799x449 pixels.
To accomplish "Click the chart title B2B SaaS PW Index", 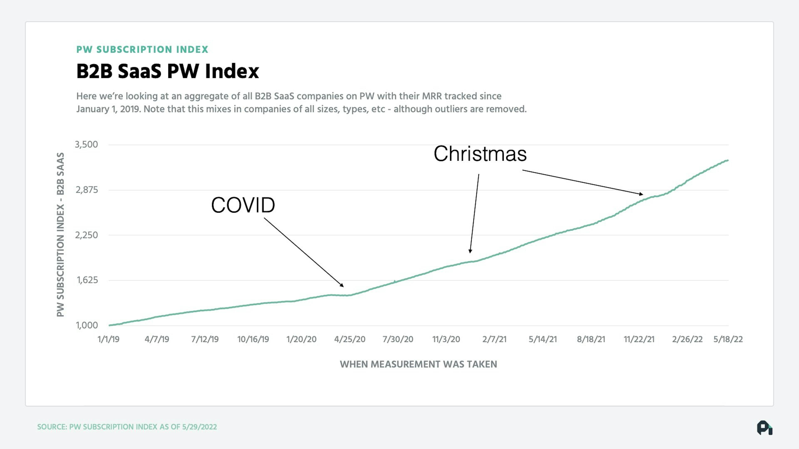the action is point(167,71).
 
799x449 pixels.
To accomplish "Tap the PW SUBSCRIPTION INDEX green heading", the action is point(142,50).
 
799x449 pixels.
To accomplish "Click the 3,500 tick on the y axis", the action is point(86,144).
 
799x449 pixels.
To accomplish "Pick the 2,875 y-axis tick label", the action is point(87,190).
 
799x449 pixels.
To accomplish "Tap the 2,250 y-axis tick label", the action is point(86,235).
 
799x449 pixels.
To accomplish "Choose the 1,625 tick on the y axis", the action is point(87,280).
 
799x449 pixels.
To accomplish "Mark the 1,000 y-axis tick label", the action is point(87,325).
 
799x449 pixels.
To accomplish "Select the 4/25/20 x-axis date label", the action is point(350,339).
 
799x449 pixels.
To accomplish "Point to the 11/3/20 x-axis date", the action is point(446,339).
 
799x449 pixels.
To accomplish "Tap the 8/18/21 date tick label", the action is point(591,339).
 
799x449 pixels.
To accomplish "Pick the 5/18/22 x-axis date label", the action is point(728,339).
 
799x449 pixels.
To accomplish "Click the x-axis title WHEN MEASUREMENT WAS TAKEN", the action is point(418,364).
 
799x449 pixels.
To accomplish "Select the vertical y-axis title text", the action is point(61,234).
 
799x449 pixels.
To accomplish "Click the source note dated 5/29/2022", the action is point(127,427).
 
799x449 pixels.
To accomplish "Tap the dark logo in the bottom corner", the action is point(765,428).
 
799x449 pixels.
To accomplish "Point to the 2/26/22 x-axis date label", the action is point(687,339).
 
